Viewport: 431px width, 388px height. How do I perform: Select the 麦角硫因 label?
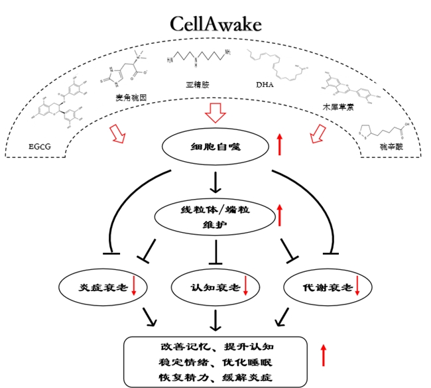[130, 97]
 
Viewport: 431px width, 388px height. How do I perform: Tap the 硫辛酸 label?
[389, 149]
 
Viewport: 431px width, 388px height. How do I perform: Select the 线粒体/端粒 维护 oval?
[215, 216]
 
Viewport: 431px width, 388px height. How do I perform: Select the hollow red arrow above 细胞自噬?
[215, 113]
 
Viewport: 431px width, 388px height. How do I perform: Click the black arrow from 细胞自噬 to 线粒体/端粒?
[215, 181]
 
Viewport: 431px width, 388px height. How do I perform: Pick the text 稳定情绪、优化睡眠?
[215, 363]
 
